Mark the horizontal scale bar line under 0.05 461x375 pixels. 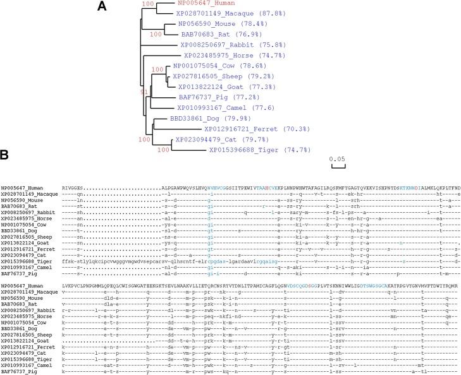338,167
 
